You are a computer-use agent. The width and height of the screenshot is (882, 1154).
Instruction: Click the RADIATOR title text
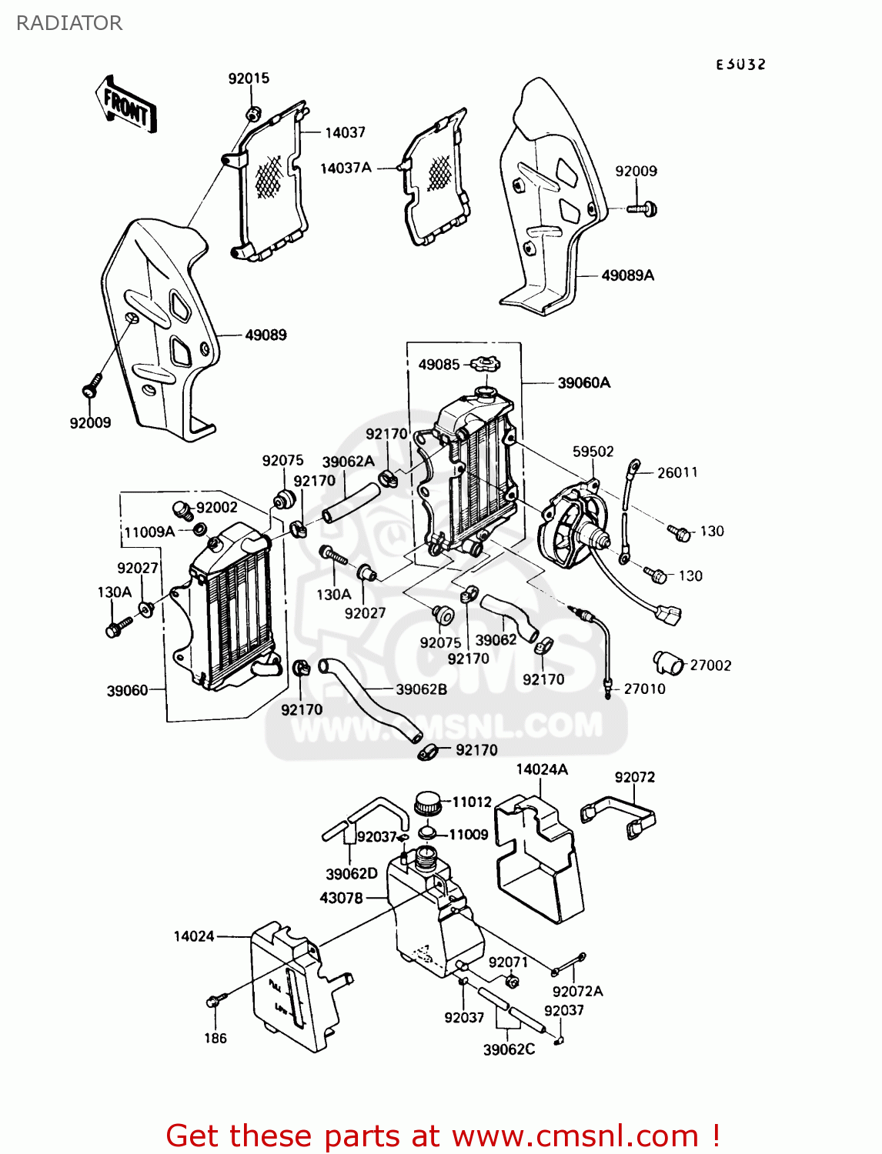coord(69,23)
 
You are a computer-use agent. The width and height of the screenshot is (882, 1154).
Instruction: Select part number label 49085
coord(439,365)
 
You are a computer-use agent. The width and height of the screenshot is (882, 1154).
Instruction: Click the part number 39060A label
coord(583,382)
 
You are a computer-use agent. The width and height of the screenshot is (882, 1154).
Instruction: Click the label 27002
coord(710,665)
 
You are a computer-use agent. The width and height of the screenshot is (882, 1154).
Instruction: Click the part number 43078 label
coord(341,898)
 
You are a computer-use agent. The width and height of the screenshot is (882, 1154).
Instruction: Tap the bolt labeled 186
coord(215,1001)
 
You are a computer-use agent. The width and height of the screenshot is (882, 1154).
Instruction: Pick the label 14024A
coord(542,769)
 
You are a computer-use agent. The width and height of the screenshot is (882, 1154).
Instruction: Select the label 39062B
coord(421,689)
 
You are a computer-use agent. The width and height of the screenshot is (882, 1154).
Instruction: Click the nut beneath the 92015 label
coord(252,114)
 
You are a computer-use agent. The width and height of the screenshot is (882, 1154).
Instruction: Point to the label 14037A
coord(346,168)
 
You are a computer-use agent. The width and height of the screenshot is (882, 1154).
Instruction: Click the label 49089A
coord(627,275)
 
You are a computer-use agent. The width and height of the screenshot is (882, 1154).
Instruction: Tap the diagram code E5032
coord(740,65)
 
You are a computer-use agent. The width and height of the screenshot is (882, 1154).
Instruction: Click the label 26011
coord(677,472)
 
